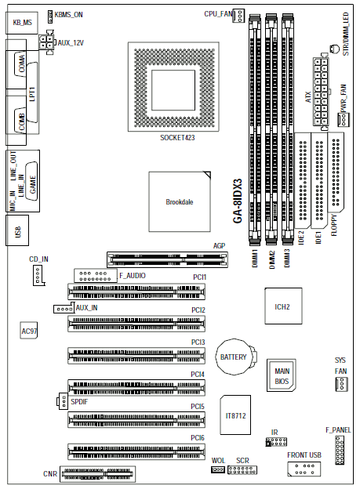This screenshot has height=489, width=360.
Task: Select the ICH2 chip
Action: pyautogui.click(x=283, y=306)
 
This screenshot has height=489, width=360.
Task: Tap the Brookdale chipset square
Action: pyautogui.click(x=180, y=201)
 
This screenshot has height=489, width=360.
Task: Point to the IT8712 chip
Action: pyautogui.click(x=235, y=415)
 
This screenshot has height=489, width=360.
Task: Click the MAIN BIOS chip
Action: pyautogui.click(x=282, y=375)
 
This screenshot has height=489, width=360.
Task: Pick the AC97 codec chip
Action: pyautogui.click(x=29, y=330)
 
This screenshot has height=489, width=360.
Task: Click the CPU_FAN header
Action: pyautogui.click(x=238, y=16)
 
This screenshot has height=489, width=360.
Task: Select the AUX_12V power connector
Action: pyautogui.click(x=46, y=42)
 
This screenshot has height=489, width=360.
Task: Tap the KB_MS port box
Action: pyautogui.click(x=22, y=23)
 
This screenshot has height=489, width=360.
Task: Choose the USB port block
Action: pyautogui.click(x=17, y=230)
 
